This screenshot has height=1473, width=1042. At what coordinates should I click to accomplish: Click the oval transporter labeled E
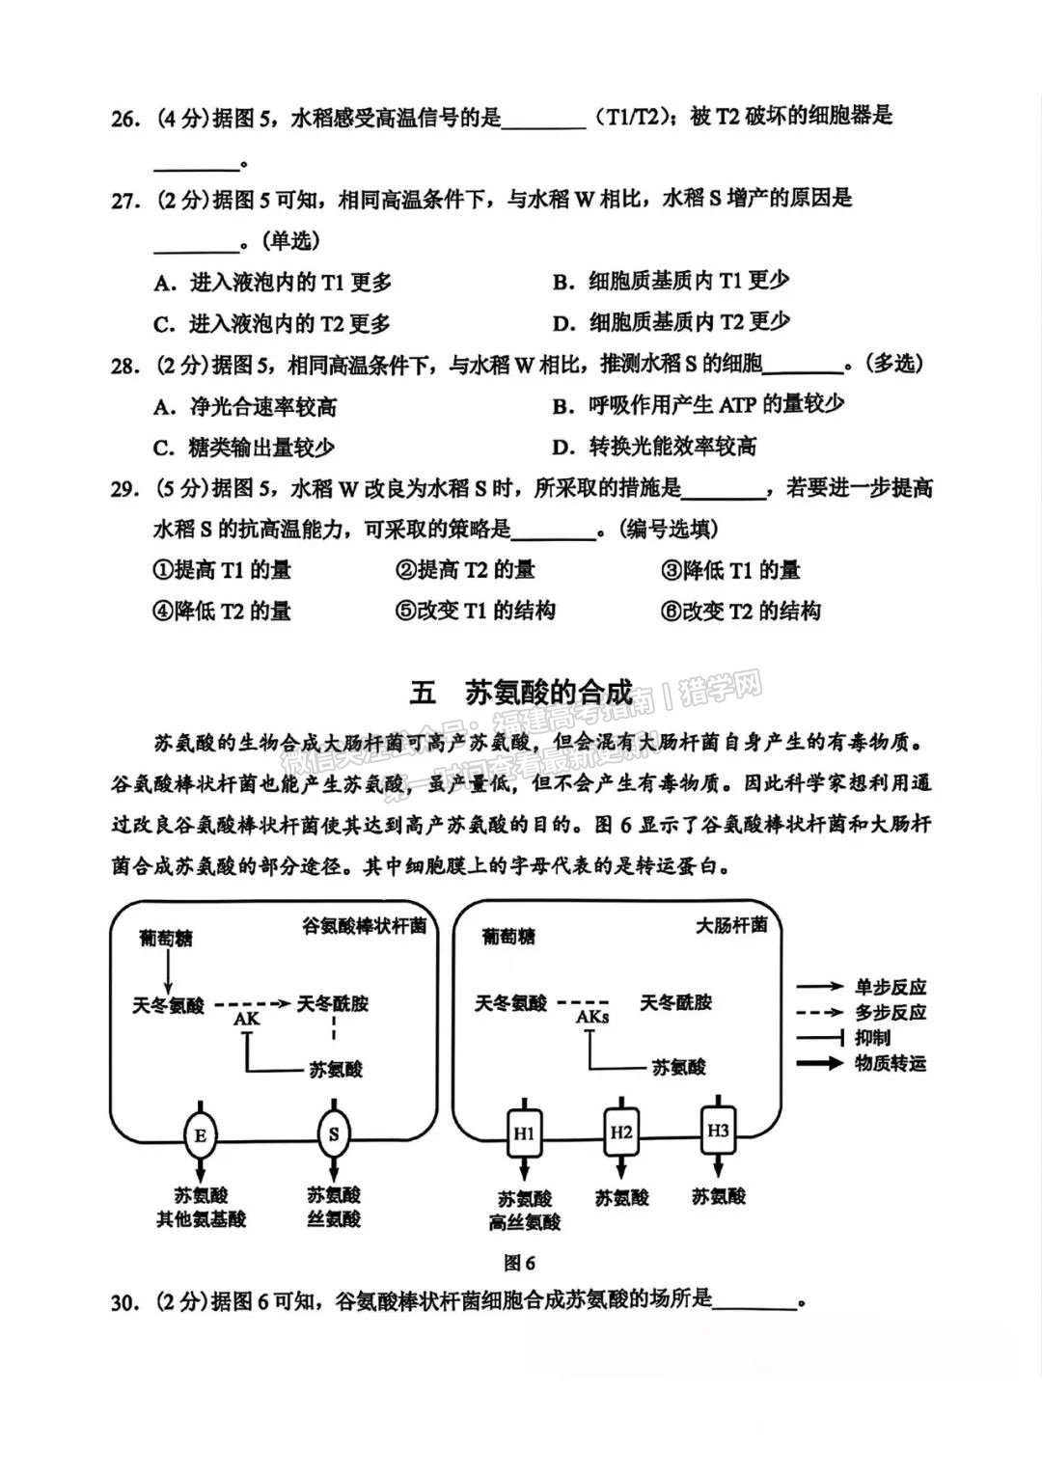click(x=200, y=1154)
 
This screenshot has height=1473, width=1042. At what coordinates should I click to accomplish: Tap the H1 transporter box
click(x=524, y=1153)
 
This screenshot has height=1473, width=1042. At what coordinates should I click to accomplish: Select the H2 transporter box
click(x=621, y=1150)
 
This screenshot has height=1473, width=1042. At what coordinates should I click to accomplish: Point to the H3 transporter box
click(x=718, y=1149)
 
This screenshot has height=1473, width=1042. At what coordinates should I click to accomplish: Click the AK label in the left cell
click(x=247, y=1037)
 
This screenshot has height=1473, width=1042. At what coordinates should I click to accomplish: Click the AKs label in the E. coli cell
click(x=592, y=1035)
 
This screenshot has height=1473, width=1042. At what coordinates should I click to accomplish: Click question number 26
click(x=125, y=120)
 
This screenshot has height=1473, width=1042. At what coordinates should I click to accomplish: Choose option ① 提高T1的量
click(x=222, y=570)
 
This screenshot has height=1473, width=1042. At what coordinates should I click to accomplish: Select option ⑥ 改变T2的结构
click(x=741, y=611)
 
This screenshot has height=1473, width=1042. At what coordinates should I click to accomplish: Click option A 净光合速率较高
click(x=245, y=407)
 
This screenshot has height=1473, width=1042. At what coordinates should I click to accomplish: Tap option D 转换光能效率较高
click(x=654, y=448)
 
